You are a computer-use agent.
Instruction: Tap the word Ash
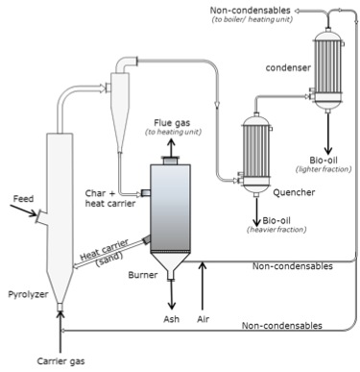(172, 319)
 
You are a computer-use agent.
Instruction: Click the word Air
(203, 319)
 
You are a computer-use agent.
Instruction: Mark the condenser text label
(285, 68)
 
